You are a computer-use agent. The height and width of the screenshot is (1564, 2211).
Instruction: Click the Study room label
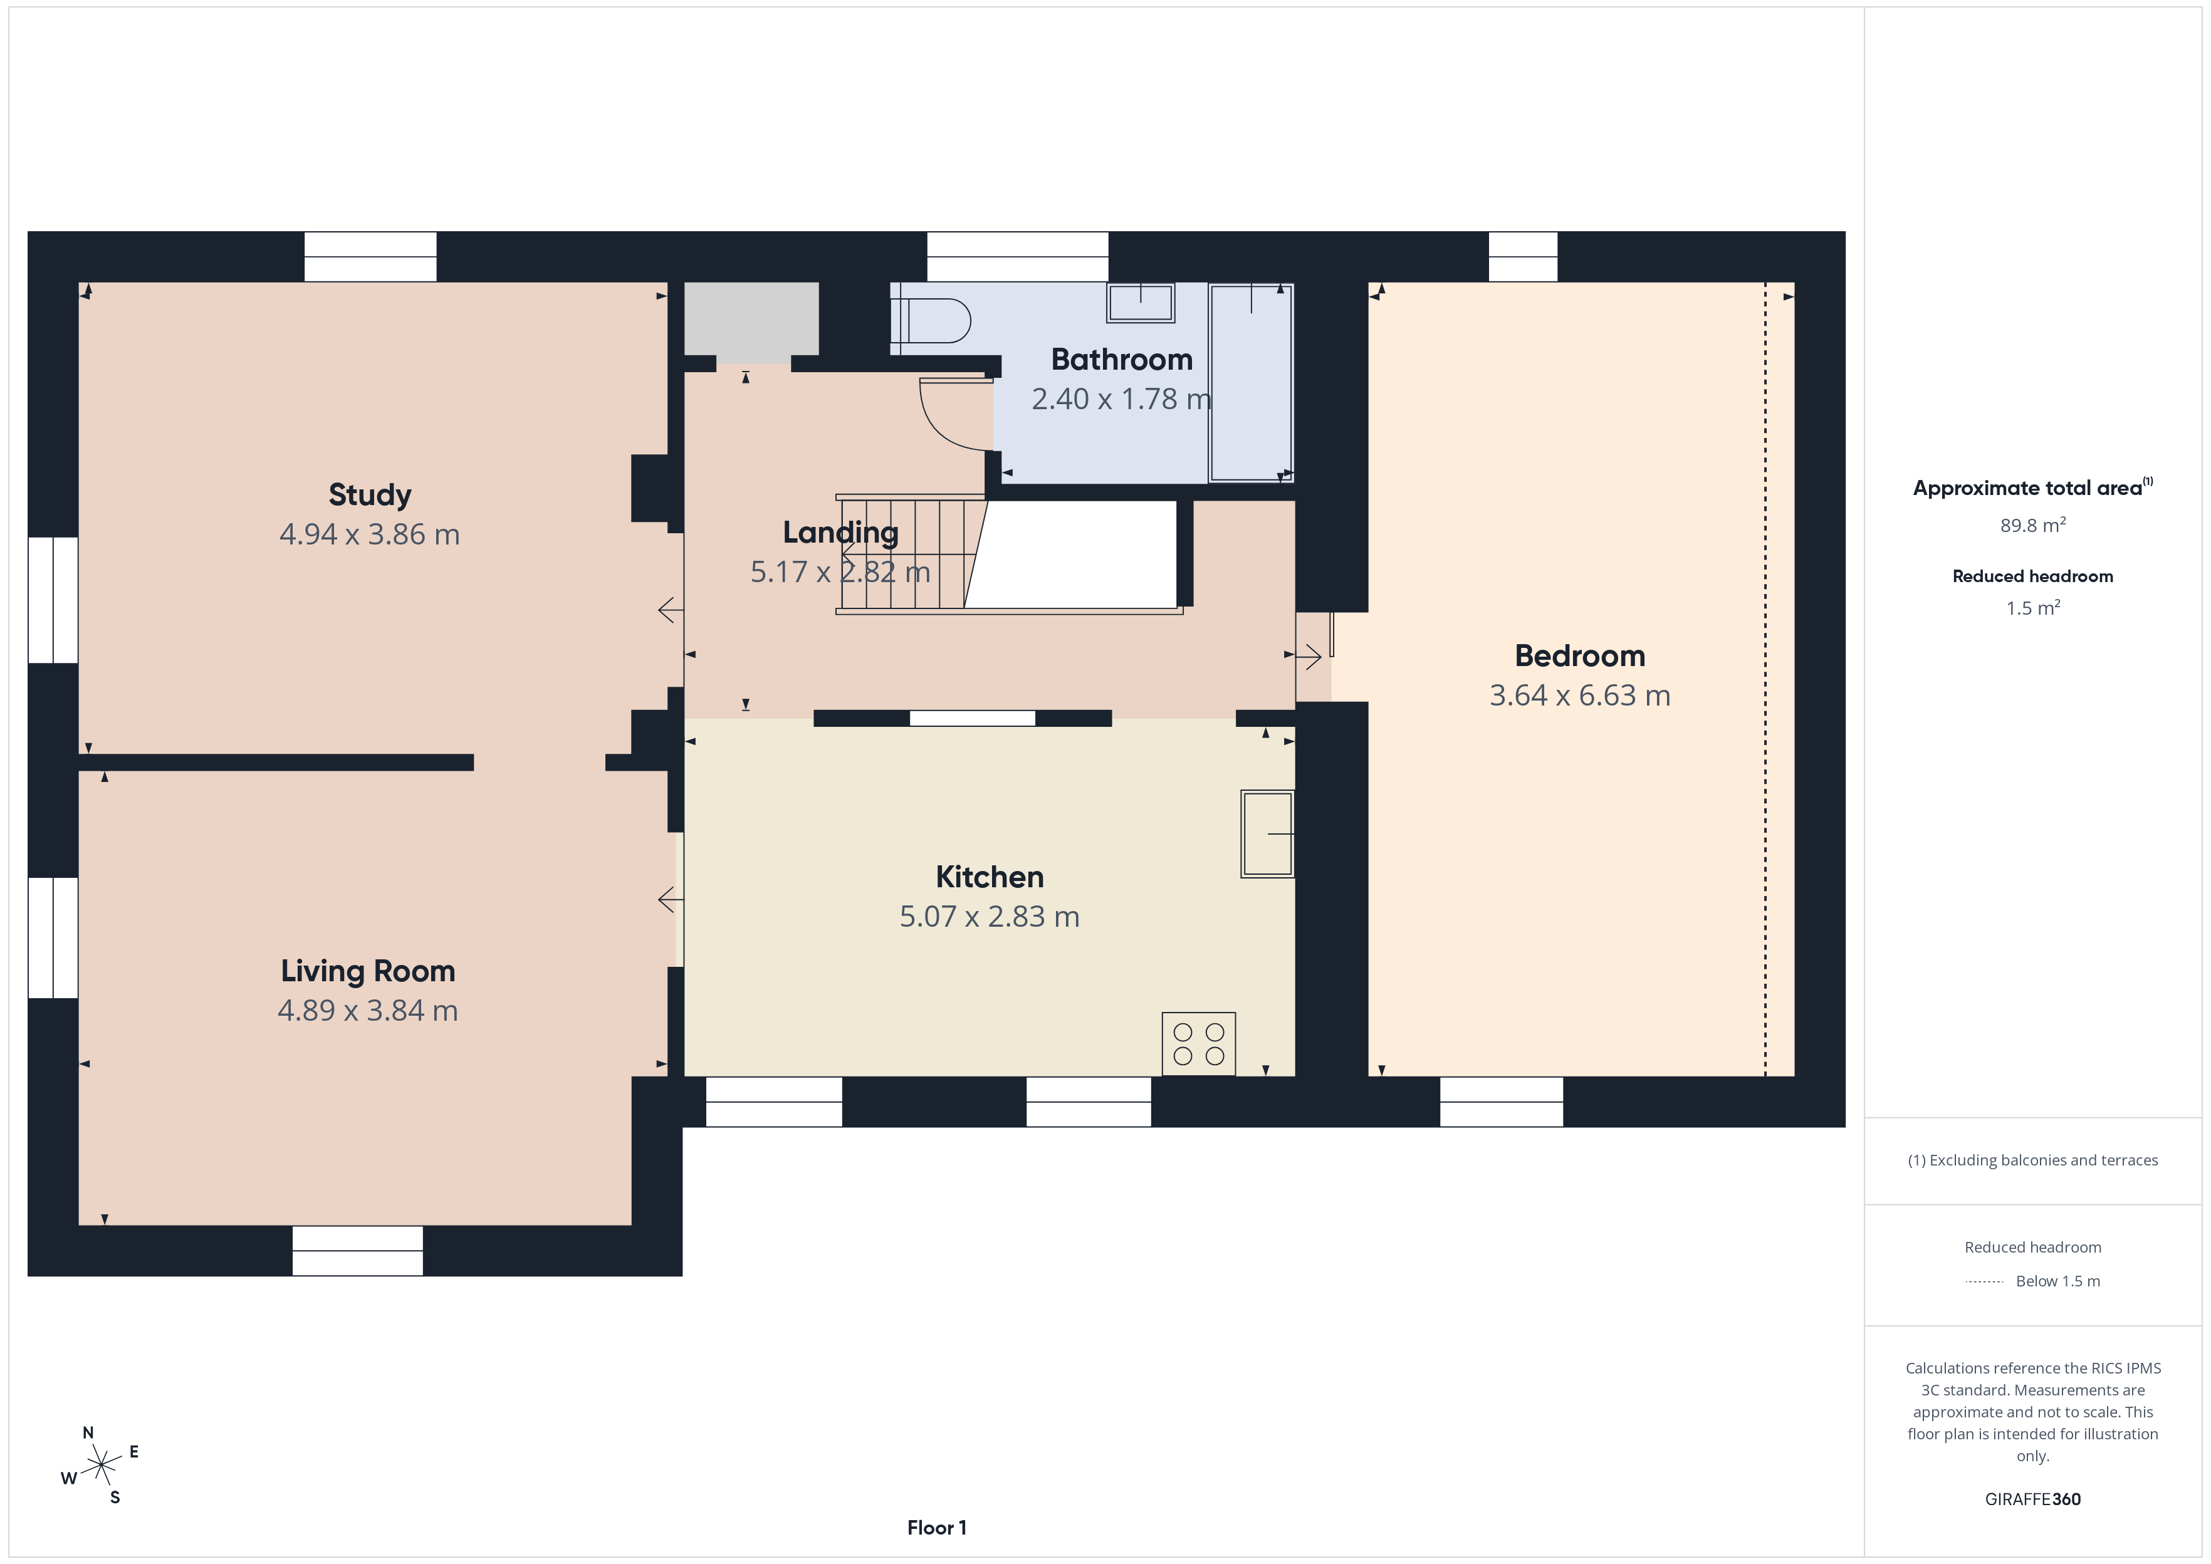click(x=370, y=495)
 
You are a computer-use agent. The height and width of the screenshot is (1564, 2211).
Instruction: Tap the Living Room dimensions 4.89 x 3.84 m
click(x=368, y=1010)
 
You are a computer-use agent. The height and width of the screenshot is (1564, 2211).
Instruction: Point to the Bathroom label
click(x=1122, y=359)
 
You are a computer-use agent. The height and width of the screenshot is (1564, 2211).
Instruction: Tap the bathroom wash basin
click(x=1141, y=303)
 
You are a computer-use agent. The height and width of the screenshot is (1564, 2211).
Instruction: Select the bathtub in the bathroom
click(x=1251, y=382)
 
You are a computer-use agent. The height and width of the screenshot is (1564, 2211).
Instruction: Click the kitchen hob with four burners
click(x=1199, y=1044)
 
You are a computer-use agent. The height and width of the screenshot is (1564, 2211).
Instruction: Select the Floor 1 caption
click(x=937, y=1528)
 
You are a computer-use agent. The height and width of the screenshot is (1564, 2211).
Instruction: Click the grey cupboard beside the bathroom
click(x=751, y=319)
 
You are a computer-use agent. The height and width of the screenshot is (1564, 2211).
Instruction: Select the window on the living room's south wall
click(x=357, y=1251)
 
